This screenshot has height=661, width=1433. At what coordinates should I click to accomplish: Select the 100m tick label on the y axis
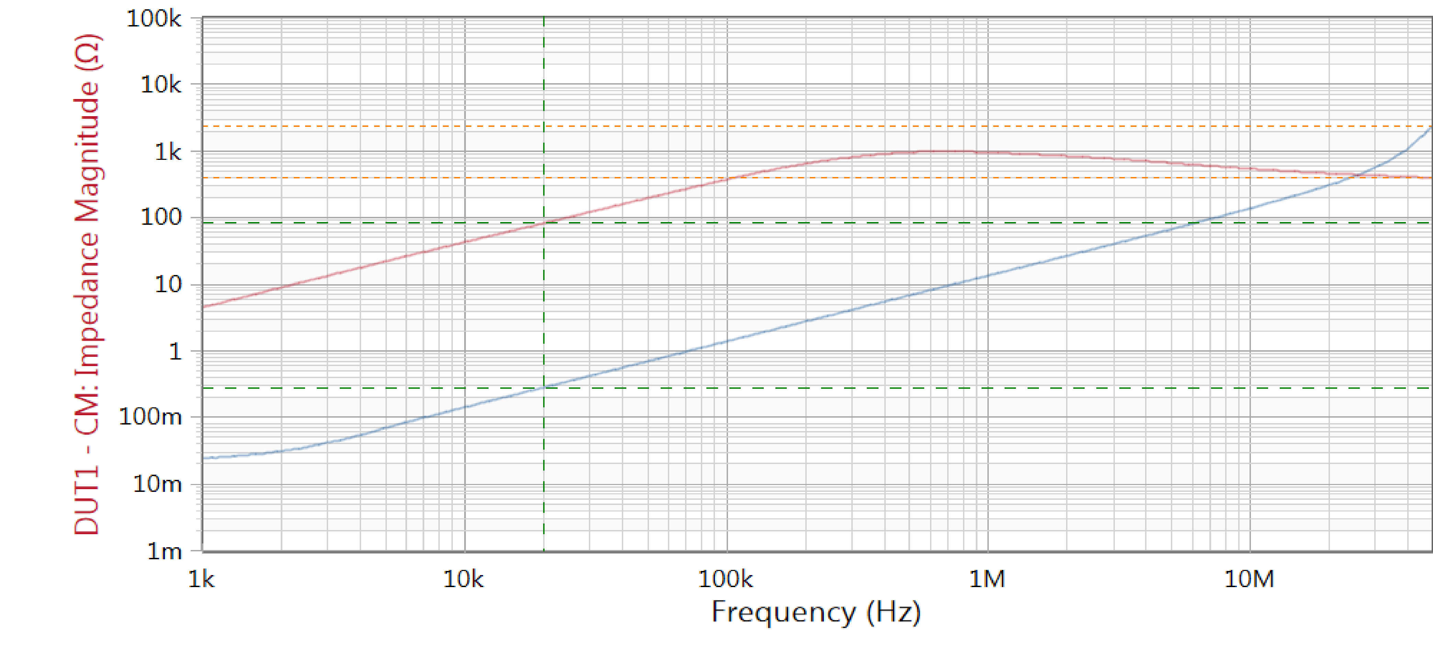[150, 417]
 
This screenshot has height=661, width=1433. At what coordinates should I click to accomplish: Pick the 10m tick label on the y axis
[157, 484]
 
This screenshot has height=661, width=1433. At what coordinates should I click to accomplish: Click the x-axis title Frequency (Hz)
[816, 613]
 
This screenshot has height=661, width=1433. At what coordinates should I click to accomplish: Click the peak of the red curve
[934, 151]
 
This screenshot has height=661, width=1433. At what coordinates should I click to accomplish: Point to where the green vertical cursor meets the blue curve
[544, 387]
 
